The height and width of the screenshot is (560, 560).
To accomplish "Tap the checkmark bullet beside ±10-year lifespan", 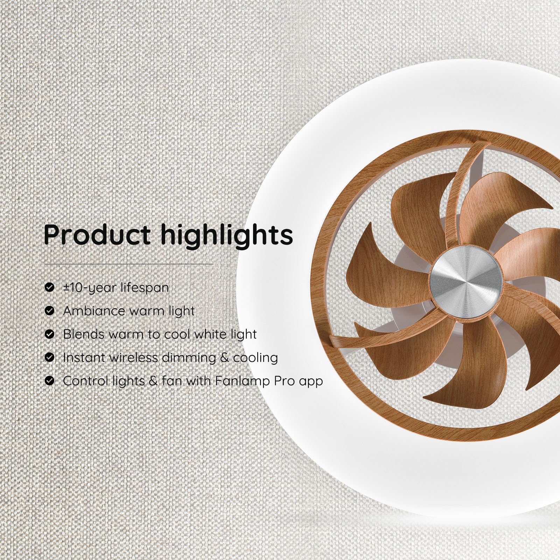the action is [50, 287].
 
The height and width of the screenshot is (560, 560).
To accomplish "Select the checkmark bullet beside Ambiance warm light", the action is [50, 311].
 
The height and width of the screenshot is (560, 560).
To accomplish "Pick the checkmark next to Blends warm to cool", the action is [50, 334].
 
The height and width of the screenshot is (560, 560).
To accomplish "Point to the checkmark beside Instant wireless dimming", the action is [50, 357].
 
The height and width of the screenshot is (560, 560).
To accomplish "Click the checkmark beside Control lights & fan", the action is [50, 381].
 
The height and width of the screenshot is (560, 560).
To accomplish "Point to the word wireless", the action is [133, 357].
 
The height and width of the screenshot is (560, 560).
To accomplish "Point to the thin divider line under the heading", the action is [128, 264].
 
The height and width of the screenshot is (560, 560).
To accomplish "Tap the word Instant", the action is [84, 357].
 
